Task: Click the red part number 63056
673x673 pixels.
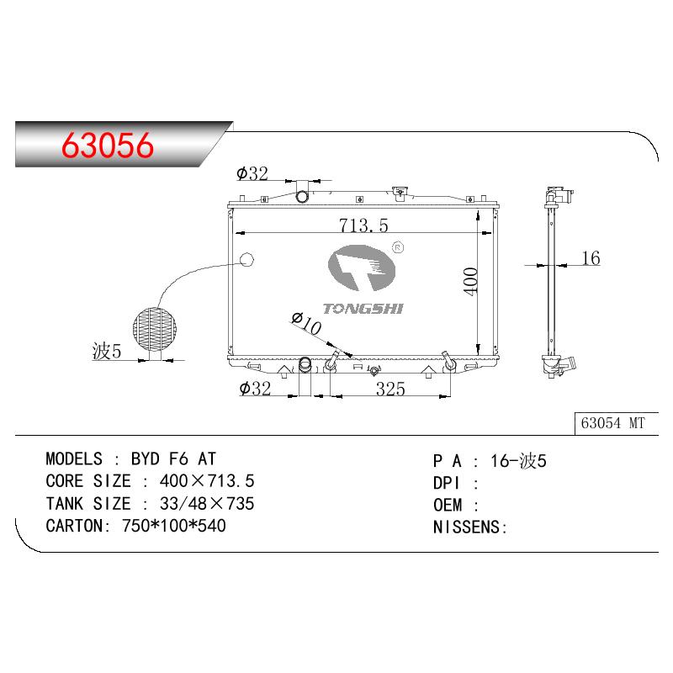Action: tap(108, 145)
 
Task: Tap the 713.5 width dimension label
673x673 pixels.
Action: tap(363, 225)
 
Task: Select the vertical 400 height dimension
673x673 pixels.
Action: tap(471, 281)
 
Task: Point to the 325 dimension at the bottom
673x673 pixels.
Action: tap(390, 389)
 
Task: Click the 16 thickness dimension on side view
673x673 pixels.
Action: tap(591, 258)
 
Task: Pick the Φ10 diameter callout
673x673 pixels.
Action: tap(306, 323)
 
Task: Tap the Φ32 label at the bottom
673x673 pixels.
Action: tap(255, 389)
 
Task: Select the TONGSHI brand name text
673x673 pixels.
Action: tap(363, 309)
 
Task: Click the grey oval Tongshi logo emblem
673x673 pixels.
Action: tap(362, 268)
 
